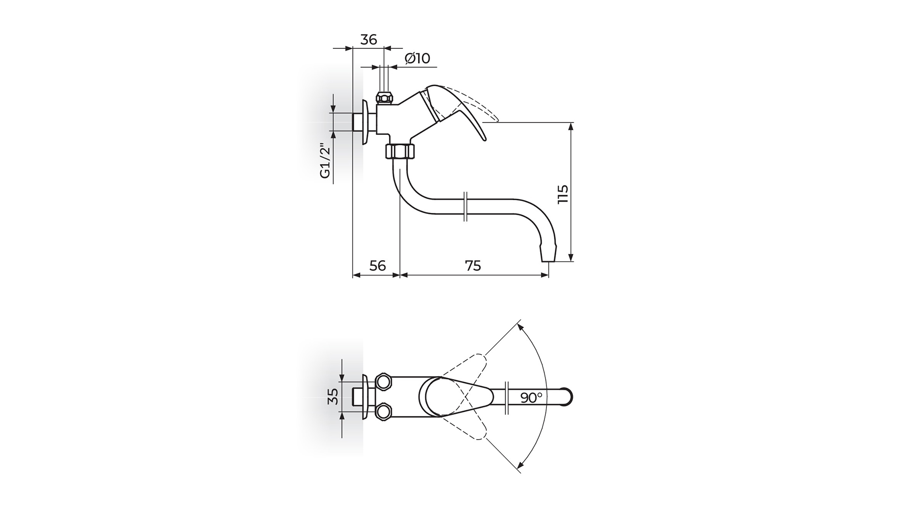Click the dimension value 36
coord(368,40)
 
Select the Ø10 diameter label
coord(418,59)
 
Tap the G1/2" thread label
coord(325,161)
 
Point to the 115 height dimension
coord(562,194)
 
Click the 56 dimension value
coord(377,265)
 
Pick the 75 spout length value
coord(472,265)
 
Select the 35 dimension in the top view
coord(333,396)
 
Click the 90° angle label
coord(531,397)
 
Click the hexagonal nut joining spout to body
coord(400,152)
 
